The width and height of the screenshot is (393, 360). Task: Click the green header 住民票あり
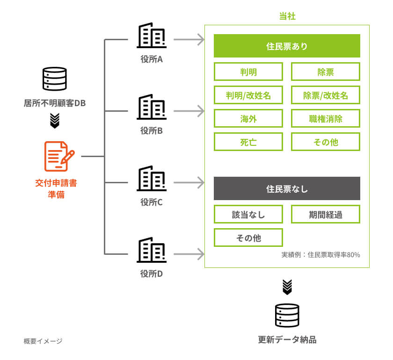[287, 46]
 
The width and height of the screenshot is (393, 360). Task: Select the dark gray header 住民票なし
[287, 189]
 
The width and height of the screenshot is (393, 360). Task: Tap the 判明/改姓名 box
[248, 95]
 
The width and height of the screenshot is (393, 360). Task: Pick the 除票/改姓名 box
[326, 95]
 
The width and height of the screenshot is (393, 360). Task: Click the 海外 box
[248, 119]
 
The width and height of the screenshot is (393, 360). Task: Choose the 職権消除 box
[326, 119]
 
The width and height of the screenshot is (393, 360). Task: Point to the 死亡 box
[248, 142]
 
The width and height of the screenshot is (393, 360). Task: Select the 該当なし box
[248, 215]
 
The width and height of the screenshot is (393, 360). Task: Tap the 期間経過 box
[326, 215]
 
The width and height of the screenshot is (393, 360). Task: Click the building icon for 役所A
[151, 36]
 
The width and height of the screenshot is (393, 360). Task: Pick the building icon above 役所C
[151, 179]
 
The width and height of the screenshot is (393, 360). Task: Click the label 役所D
[151, 274]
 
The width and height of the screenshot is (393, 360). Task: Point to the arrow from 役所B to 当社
[189, 111]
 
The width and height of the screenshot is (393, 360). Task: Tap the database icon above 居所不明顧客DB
[55, 79]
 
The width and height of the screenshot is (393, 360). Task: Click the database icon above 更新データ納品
[287, 316]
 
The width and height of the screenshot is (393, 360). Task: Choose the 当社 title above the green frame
[287, 16]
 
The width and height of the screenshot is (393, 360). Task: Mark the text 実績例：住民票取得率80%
[320, 255]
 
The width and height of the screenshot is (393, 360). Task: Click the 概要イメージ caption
[43, 341]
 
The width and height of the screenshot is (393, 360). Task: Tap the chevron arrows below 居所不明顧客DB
[55, 121]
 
